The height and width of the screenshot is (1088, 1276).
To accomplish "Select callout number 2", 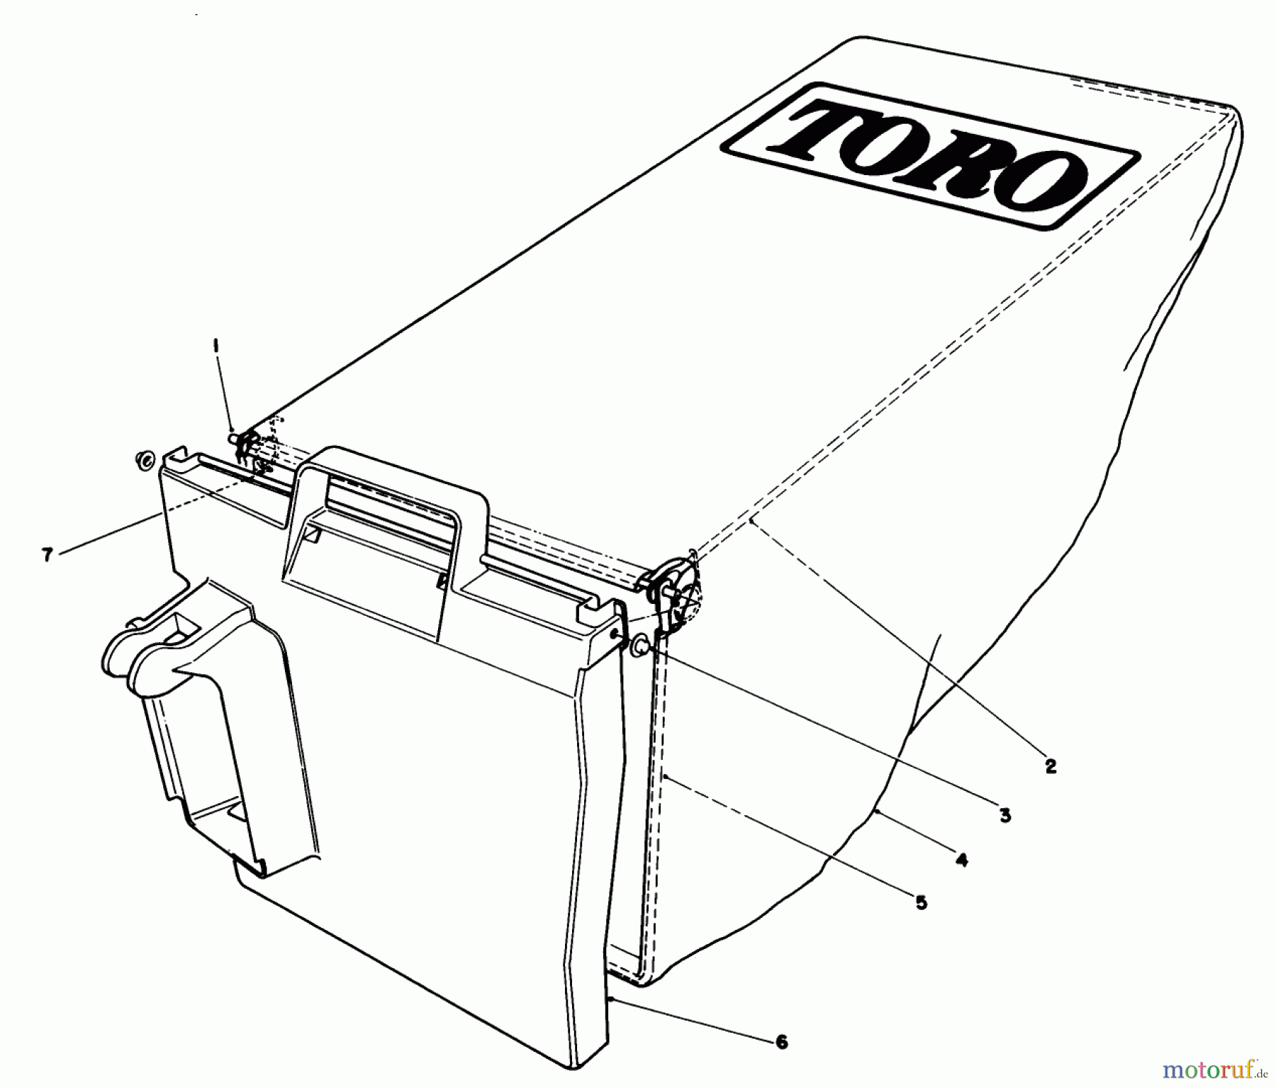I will (1050, 765).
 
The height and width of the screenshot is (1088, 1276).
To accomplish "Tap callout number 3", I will (1004, 816).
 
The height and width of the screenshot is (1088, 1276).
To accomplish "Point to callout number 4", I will (961, 860).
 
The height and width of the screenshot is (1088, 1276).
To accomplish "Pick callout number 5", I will (921, 903).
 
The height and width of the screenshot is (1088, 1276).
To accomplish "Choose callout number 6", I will (781, 1041).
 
